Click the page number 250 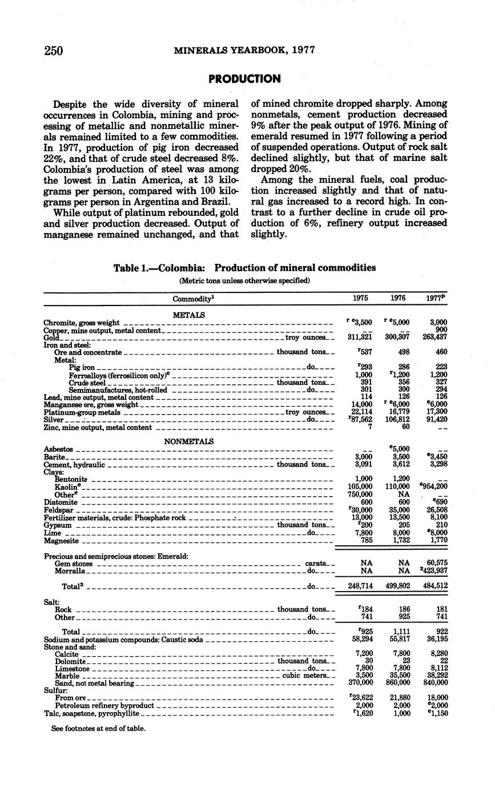pos(53,50)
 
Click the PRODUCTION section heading pos(244,79)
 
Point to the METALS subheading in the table pos(188,315)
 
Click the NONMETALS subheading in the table pos(188,441)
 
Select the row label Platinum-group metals pos(82,412)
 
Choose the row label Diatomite pos(61,502)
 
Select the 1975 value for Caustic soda pos(360,640)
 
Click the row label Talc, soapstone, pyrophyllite pos(92,713)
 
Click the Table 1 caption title pos(244,268)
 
